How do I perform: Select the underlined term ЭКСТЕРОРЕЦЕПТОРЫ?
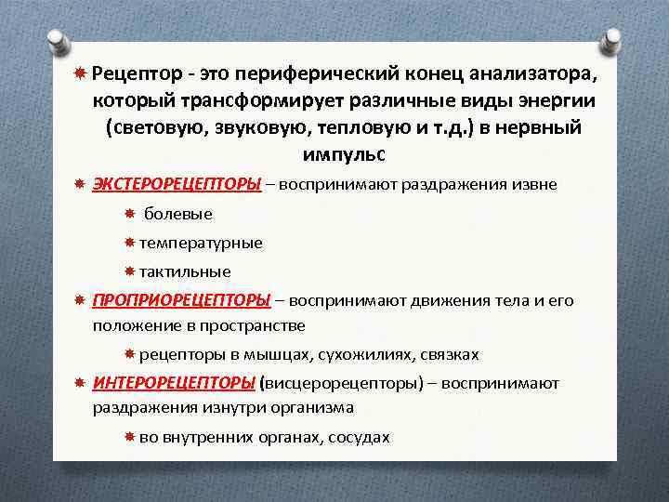pyautogui.click(x=177, y=184)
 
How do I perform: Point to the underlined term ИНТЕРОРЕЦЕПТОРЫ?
pyautogui.click(x=175, y=383)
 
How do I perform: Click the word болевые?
pyautogui.click(x=178, y=214)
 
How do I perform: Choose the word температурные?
pyautogui.click(x=201, y=243)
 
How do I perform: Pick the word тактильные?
pyautogui.click(x=185, y=271)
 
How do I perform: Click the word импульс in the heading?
pyautogui.click(x=343, y=152)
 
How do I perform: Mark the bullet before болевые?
pyautogui.click(x=130, y=214)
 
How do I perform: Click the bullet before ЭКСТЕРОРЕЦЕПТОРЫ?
pyautogui.click(x=80, y=184)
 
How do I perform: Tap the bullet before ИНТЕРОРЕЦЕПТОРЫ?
pyautogui.click(x=80, y=383)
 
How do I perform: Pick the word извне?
pyautogui.click(x=532, y=184)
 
